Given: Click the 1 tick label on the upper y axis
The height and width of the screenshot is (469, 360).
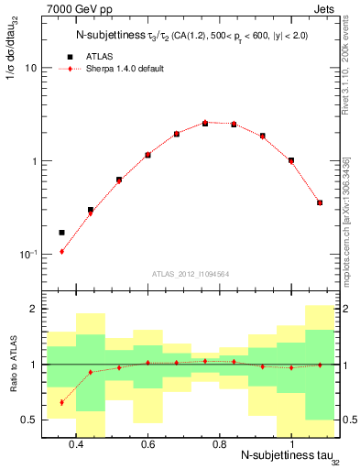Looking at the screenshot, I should [34, 161].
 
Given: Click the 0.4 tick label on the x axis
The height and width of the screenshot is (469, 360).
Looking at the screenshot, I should [76, 445].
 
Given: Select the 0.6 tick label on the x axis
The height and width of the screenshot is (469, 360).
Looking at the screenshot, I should [147, 445].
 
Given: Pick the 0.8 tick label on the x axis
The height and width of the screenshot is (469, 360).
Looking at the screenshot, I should [219, 445].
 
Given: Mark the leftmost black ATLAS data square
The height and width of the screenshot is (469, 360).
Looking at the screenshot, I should [61, 233].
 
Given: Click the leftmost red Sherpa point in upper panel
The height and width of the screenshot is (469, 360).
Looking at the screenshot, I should [61, 251].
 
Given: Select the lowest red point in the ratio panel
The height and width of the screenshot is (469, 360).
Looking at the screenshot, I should [61, 402].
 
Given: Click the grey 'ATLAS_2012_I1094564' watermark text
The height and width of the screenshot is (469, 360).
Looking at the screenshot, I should [191, 272].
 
